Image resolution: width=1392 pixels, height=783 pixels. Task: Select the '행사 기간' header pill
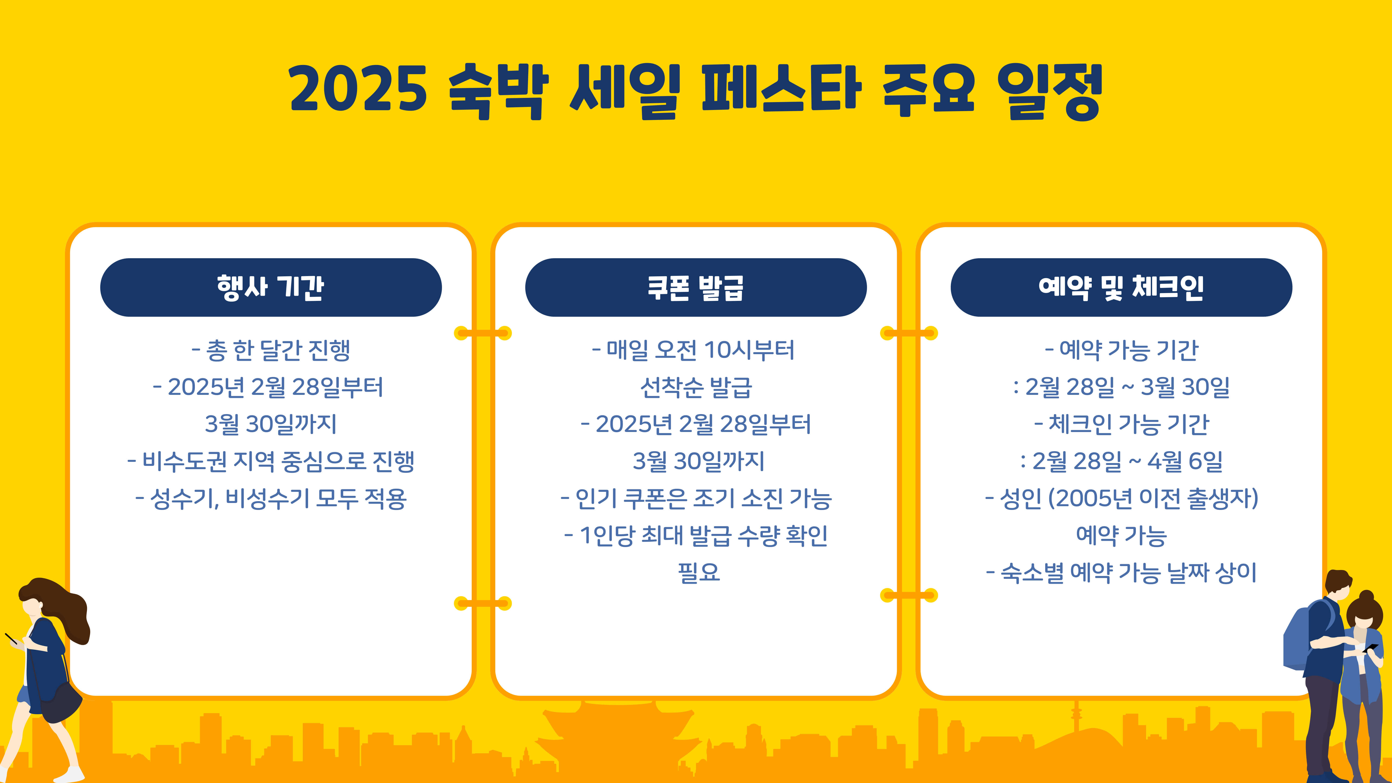[x=271, y=287]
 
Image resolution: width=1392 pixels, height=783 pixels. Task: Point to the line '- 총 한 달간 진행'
[x=271, y=350]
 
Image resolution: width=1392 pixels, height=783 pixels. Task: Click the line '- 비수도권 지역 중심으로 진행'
[x=271, y=461]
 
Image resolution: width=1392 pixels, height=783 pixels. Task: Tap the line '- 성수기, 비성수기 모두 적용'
[x=271, y=498]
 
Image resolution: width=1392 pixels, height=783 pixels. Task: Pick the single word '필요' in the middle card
[x=698, y=572]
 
